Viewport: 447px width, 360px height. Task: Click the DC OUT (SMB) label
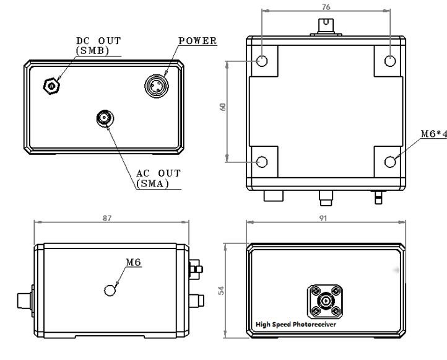point(98,46)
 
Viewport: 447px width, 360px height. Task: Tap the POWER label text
point(197,41)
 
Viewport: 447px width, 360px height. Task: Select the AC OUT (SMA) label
point(158,178)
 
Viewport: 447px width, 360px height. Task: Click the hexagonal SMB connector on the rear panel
point(51,86)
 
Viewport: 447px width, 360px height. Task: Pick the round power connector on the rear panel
point(157,86)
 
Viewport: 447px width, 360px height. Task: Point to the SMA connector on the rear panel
point(105,118)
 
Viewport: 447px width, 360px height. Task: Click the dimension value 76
point(326,7)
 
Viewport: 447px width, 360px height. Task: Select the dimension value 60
point(223,107)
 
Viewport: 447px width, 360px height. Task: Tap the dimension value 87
point(107,218)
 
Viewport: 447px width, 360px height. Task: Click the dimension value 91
point(323,218)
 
